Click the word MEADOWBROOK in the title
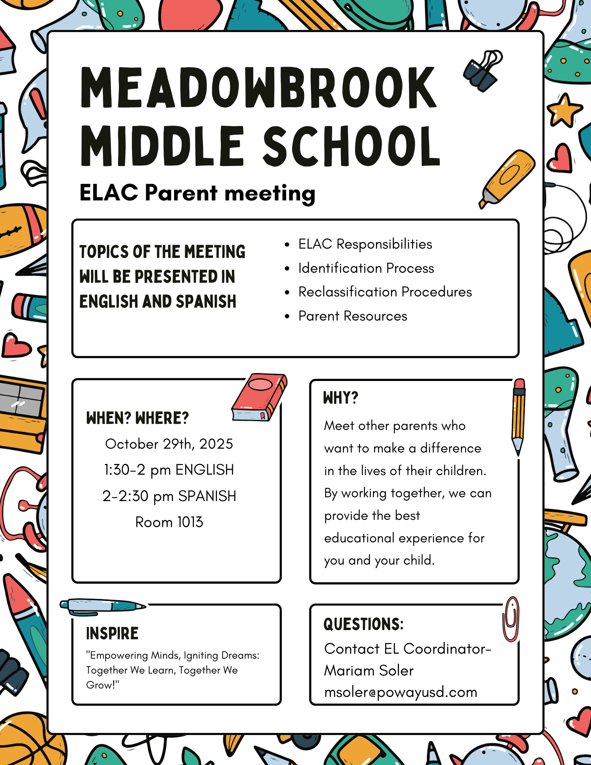click(x=259, y=88)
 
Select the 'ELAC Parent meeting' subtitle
click(x=197, y=193)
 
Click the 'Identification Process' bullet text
click(x=366, y=268)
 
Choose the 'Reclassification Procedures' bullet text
click(x=385, y=292)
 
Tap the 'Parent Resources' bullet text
click(x=353, y=316)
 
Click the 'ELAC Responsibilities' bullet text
click(x=365, y=244)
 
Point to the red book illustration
click(x=259, y=397)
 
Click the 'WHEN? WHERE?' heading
click(x=138, y=418)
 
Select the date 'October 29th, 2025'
click(x=169, y=444)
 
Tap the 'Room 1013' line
click(x=169, y=522)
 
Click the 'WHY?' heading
click(x=340, y=398)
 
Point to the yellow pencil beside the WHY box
click(x=518, y=417)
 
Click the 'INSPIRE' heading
click(x=112, y=633)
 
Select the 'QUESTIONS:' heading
click(x=363, y=624)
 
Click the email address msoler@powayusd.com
click(x=401, y=692)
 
